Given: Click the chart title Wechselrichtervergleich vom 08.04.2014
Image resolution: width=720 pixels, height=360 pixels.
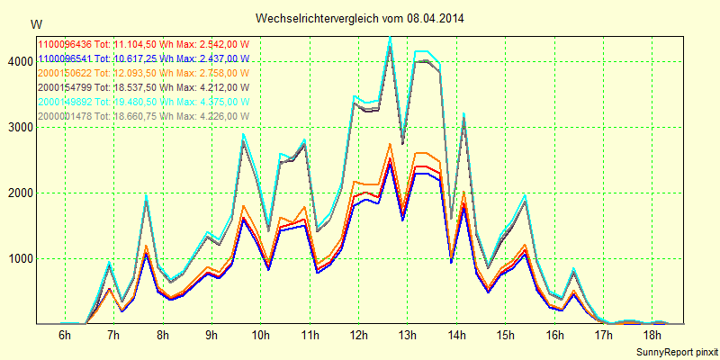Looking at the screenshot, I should (x=360, y=18).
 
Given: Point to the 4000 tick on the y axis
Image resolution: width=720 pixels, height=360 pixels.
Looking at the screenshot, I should (x=17, y=61).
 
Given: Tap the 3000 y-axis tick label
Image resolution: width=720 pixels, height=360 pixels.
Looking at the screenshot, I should (x=17, y=127).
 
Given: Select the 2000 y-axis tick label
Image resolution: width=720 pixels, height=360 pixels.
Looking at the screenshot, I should (x=17, y=193).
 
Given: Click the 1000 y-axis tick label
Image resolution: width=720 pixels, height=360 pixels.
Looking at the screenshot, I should (x=17, y=258).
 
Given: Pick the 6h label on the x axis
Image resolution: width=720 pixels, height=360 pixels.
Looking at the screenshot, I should (x=65, y=336).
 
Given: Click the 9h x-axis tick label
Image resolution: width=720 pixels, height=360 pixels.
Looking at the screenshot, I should (x=211, y=336).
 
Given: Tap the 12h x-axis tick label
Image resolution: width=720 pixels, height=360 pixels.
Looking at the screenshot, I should (x=359, y=336).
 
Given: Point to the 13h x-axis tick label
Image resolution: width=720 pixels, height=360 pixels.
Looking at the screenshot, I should (x=408, y=336).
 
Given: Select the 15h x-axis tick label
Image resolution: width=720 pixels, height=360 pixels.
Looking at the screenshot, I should (x=506, y=336).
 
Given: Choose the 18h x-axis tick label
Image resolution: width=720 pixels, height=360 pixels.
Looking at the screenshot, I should (x=652, y=336).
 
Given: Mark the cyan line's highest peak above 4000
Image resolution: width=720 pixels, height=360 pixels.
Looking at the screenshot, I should (x=390, y=38).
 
